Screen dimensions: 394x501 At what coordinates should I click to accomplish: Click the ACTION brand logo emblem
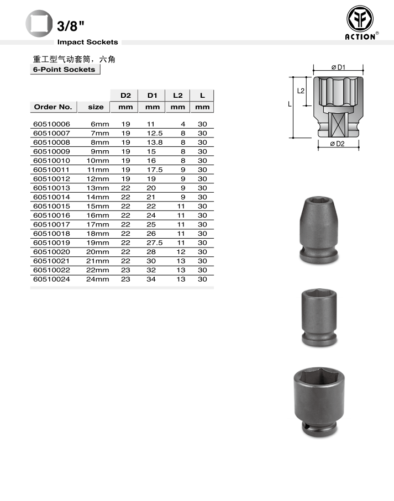360,19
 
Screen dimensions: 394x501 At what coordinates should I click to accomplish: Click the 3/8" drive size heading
71,26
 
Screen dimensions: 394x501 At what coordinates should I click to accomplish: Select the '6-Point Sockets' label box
65,70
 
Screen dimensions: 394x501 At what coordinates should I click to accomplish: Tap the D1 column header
152,96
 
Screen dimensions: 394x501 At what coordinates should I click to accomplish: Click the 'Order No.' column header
53,107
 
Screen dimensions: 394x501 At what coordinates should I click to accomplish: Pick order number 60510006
51,124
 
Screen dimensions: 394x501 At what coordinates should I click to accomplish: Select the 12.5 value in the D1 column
155,133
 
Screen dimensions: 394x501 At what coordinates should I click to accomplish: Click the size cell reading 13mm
98,188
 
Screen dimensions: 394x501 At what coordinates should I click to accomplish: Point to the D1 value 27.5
155,243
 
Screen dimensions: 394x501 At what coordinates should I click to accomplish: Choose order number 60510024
51,279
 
